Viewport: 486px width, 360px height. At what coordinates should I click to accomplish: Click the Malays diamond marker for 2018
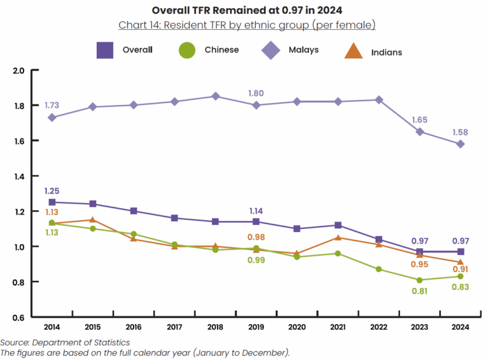pyautogui.click(x=215, y=96)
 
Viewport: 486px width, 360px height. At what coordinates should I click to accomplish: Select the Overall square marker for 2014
pyautogui.click(x=52, y=202)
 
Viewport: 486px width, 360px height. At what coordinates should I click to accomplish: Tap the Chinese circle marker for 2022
pyautogui.click(x=379, y=269)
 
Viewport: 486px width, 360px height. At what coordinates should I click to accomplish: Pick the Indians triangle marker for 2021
pyautogui.click(x=338, y=237)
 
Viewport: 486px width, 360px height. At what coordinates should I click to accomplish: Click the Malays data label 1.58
pyautogui.click(x=461, y=132)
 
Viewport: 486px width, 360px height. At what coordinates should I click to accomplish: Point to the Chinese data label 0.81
pyautogui.click(x=420, y=291)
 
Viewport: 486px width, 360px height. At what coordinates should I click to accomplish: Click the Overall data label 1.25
pyautogui.click(x=52, y=190)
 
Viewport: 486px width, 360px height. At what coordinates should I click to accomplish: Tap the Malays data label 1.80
pyautogui.click(x=256, y=93)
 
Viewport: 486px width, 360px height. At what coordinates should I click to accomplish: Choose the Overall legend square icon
pyautogui.click(x=104, y=50)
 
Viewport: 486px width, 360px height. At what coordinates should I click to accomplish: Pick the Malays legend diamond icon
pyautogui.click(x=271, y=50)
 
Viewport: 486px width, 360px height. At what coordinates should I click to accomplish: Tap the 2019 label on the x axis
pyautogui.click(x=256, y=328)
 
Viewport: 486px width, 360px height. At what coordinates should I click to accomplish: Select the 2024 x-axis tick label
pyautogui.click(x=461, y=328)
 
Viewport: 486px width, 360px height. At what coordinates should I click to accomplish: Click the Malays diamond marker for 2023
pyautogui.click(x=420, y=132)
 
